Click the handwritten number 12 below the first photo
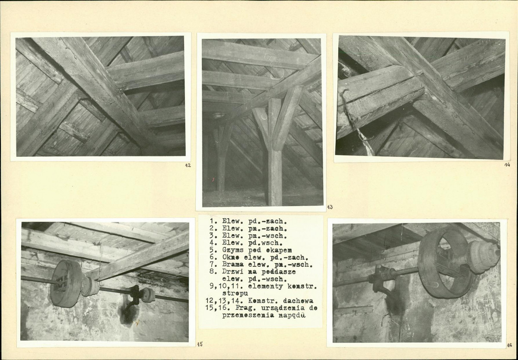[187, 165]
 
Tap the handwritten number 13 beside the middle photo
[330, 207]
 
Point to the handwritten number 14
[507, 165]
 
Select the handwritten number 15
[200, 344]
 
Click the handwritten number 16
[509, 345]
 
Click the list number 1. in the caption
[213, 221]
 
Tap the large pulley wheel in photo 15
[66, 284]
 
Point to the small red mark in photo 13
[213, 179]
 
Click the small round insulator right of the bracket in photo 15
[148, 295]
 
